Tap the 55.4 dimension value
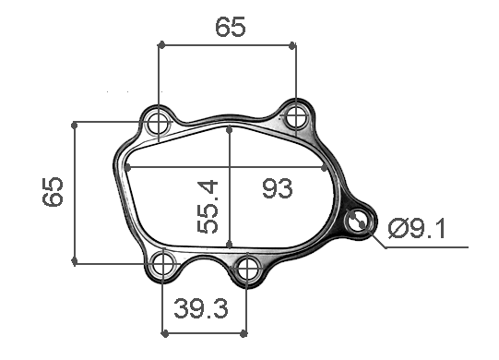coord(208,207)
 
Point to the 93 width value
coord(277,188)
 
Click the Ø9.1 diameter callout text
coord(417,227)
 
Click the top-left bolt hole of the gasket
coord(159,121)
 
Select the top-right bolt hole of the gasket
coord(296,116)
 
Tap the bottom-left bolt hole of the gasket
coord(162,264)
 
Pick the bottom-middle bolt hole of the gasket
coord(247,269)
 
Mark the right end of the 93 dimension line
coord(330,168)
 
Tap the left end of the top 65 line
coord(159,43)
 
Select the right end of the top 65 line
coord(296,43)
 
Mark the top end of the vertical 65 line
coord(75,121)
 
